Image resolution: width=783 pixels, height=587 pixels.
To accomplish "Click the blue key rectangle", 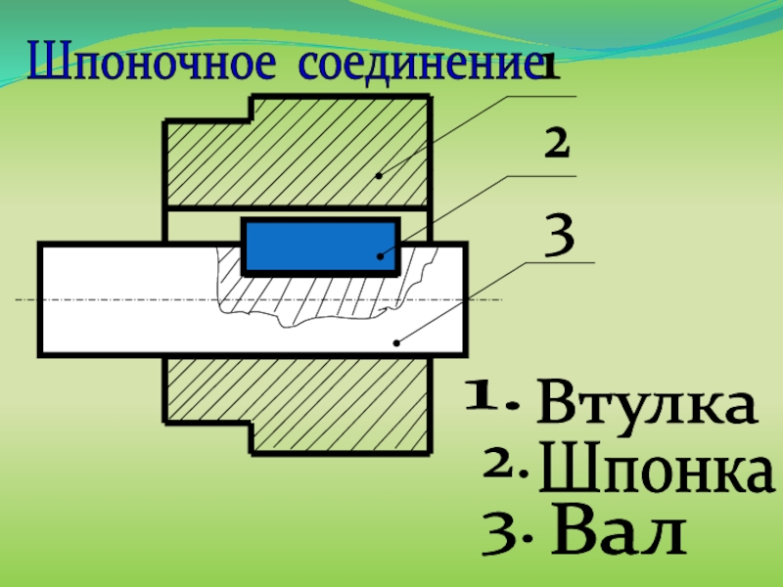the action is pos(321,246).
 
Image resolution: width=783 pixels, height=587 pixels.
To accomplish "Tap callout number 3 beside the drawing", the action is pos(558,235).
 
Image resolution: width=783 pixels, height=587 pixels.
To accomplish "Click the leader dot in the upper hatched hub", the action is pos(380,176).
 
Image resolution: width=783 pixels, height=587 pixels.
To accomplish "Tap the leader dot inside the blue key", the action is pos(381,256).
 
